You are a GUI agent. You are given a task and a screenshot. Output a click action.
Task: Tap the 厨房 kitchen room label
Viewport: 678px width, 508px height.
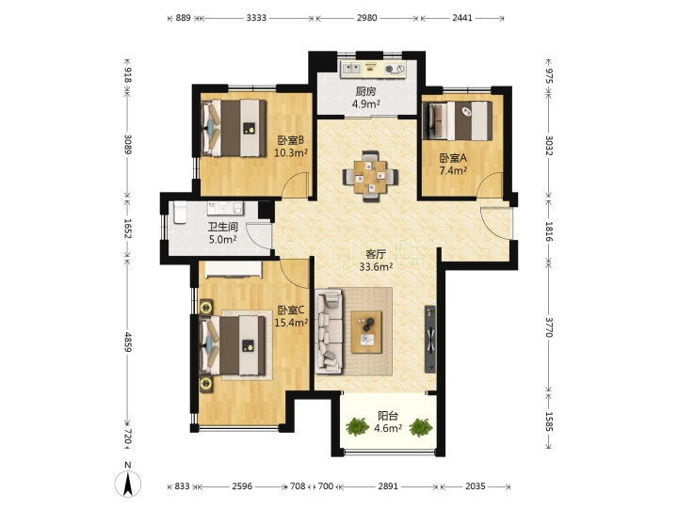coord(365,91)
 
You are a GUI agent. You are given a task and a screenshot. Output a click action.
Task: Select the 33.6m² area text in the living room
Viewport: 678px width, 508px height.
coord(376,267)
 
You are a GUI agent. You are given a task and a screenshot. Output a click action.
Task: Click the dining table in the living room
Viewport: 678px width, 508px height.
coord(371,176)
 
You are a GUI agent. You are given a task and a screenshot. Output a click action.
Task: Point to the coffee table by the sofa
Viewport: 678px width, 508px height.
coord(366,332)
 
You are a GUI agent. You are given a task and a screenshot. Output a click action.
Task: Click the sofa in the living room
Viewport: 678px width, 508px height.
coord(329,331)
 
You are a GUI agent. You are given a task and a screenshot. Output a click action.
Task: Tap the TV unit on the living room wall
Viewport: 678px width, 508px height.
coord(429,339)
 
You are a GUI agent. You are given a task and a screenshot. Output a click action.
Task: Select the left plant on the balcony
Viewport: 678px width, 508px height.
coord(357,427)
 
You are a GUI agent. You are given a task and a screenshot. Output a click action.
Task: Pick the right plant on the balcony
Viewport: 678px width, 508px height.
coord(421,427)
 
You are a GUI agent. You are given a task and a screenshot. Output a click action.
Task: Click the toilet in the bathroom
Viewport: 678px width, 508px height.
coord(180,213)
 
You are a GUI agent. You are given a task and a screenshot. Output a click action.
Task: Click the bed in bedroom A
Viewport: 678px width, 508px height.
coord(458,120)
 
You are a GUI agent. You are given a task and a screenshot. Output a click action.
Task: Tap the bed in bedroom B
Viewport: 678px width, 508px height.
coord(234,128)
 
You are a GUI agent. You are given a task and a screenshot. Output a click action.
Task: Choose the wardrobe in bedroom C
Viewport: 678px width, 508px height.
coord(234,270)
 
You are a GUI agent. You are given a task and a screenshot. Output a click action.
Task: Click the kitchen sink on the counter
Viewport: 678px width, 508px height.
coord(352,69)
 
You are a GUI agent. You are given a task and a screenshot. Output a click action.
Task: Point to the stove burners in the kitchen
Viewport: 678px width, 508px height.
coord(395,69)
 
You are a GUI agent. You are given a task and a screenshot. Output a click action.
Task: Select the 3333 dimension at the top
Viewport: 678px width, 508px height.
coord(256,18)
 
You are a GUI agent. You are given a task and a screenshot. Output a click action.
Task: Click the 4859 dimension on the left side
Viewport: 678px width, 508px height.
coord(128,341)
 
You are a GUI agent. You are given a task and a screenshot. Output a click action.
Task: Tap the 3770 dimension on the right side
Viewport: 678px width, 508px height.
coord(549,327)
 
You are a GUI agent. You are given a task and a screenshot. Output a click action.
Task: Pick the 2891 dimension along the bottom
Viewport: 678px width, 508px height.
coord(388,486)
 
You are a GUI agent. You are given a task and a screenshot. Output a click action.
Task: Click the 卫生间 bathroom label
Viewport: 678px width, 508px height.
coord(222,228)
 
